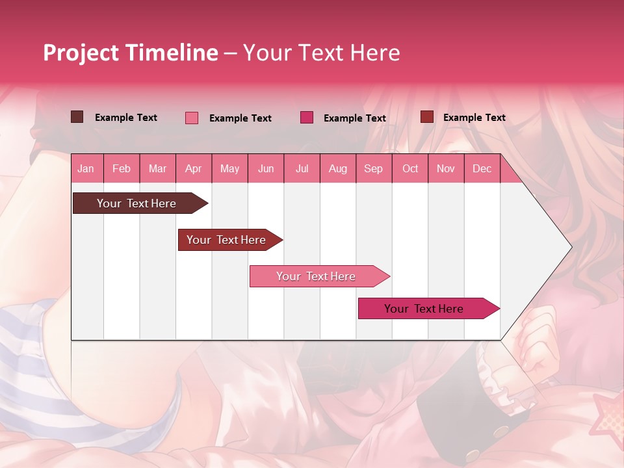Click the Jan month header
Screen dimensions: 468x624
click(86, 169)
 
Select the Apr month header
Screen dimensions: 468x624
click(193, 169)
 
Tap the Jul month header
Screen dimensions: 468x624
click(302, 169)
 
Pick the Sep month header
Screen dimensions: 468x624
click(373, 169)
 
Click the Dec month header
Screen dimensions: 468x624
click(482, 169)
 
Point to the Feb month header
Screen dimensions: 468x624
click(122, 169)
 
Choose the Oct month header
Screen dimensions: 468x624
click(410, 169)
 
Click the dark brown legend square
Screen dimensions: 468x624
click(77, 117)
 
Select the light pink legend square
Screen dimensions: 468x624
click(192, 118)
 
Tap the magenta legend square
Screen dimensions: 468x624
click(307, 118)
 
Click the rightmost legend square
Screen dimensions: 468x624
click(426, 117)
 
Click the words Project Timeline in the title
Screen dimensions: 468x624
click(130, 53)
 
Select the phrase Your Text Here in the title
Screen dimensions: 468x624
click(321, 53)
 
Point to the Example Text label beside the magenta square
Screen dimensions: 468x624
click(355, 118)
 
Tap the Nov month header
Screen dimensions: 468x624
click(446, 169)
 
